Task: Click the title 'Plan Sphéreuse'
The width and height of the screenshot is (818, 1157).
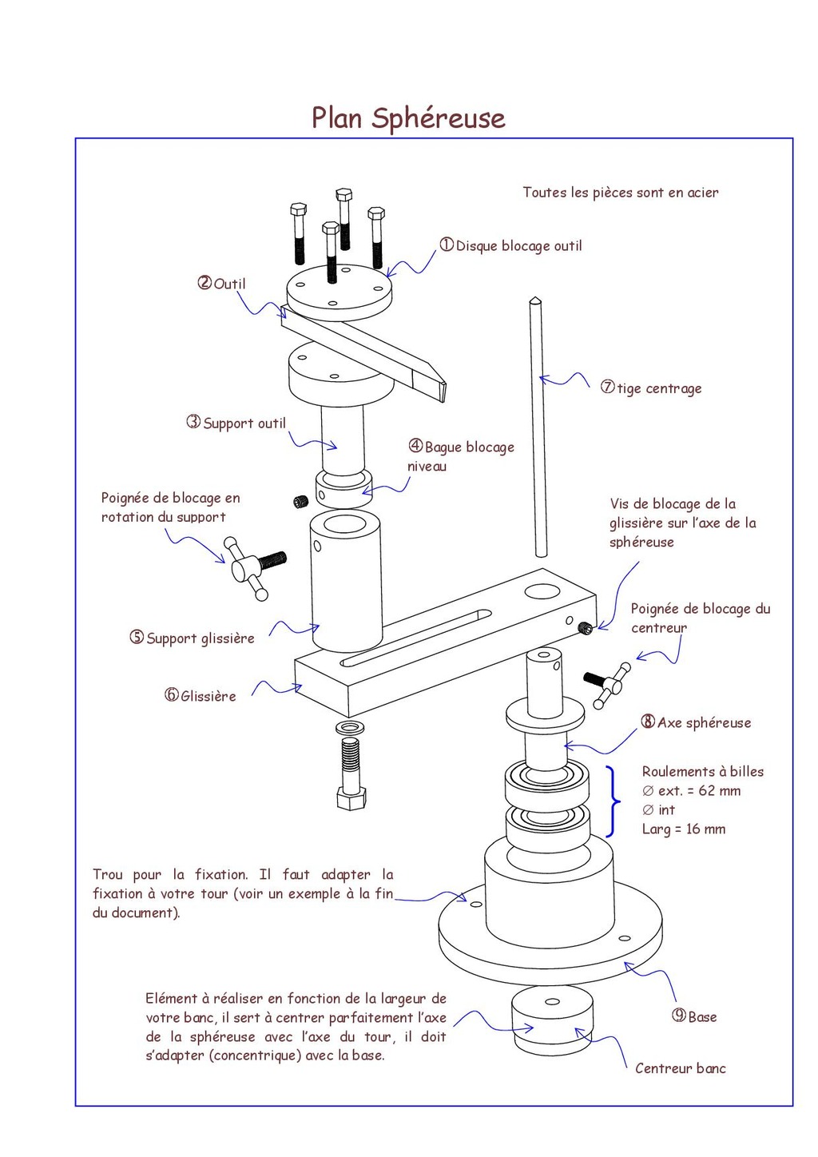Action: pos(408,118)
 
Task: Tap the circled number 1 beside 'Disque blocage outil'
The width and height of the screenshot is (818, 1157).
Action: pos(447,245)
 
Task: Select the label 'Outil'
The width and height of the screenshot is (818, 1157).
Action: pos(230,284)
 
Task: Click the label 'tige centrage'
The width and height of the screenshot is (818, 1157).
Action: pos(659,388)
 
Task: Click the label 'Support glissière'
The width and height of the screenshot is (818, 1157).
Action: pos(201,638)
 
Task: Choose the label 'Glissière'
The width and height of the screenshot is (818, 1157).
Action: pos(208,696)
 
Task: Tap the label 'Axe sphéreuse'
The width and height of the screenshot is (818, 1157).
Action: pos(704,722)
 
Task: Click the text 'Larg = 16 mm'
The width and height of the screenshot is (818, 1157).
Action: pos(684,829)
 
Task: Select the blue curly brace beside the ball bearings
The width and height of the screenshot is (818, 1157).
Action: pos(613,801)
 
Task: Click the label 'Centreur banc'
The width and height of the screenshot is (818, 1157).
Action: pos(681,1068)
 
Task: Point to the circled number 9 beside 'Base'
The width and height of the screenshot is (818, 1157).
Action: pos(679,1016)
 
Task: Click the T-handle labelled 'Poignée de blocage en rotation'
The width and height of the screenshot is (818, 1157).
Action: pos(251,567)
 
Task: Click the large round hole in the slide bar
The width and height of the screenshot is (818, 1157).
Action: pos(542,592)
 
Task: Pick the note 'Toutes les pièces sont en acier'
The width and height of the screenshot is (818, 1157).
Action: pos(621,193)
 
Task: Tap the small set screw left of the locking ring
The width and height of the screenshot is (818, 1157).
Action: pos(300,502)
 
